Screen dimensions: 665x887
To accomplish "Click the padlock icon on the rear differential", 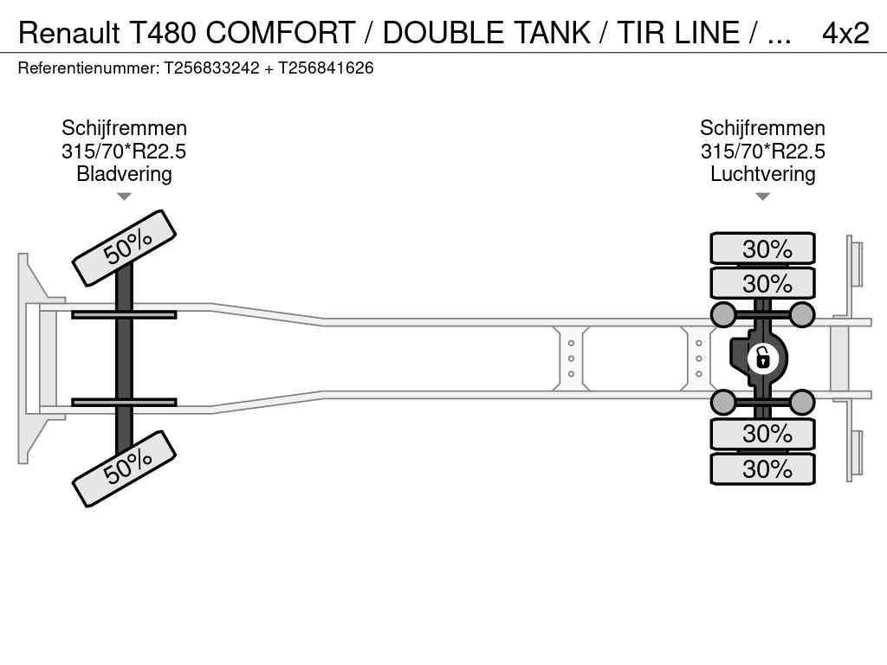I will [762, 357].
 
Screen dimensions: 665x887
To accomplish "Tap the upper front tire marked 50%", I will [124, 248].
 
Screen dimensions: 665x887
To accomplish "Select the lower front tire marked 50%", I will [124, 468].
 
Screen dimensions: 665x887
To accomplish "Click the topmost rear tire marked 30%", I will [762, 249].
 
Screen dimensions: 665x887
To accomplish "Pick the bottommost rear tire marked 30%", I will [762, 469].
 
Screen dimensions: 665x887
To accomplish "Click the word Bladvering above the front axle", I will [124, 174].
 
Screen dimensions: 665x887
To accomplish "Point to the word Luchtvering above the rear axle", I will [762, 174].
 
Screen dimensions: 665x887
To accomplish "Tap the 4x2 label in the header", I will [845, 33].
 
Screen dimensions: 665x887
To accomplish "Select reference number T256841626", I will [326, 68].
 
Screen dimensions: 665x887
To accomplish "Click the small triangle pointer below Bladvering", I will [124, 197].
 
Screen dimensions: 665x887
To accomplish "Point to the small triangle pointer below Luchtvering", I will [762, 197].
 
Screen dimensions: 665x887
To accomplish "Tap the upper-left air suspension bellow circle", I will [722, 314].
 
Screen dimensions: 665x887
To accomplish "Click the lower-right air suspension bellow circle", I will [802, 402].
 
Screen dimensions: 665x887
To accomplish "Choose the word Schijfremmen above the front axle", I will [124, 128].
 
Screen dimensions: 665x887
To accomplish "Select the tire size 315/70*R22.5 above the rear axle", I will [762, 152].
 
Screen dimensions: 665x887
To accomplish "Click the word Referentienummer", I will [87, 68].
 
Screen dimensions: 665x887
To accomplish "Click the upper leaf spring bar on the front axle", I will [124, 314].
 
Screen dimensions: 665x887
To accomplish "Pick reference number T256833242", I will [211, 68].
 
